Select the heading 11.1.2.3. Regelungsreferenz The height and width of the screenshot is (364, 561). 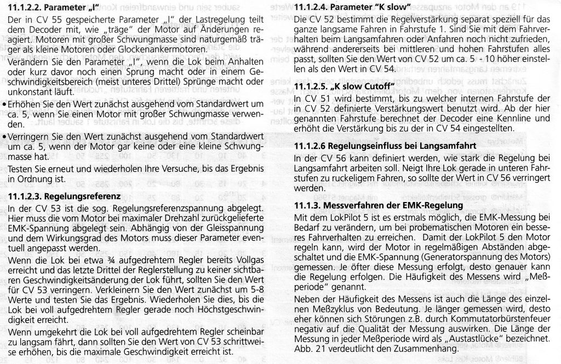(65, 195)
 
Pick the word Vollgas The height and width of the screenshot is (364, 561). (244, 257)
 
